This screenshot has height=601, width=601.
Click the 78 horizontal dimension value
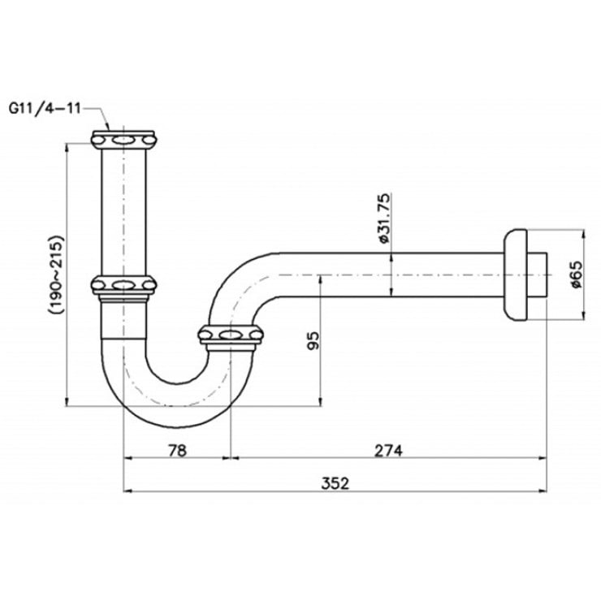pyautogui.click(x=176, y=449)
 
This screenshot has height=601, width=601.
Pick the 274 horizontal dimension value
pyautogui.click(x=388, y=449)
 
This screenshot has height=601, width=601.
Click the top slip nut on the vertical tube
pyautogui.click(x=123, y=139)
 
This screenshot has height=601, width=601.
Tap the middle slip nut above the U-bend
pyautogui.click(x=123, y=285)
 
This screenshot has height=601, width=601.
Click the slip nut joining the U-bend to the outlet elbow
pyautogui.click(x=232, y=334)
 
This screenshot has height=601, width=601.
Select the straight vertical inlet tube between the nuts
pyautogui.click(x=123, y=211)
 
